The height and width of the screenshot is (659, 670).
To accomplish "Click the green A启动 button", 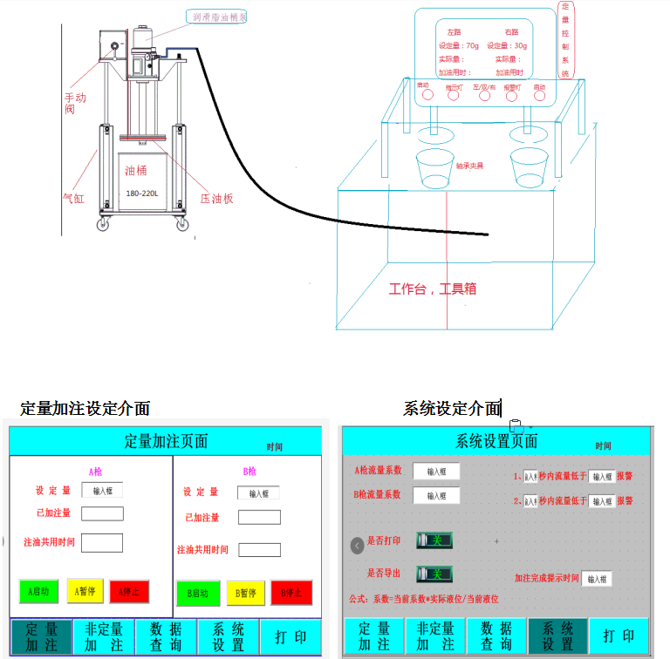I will (38, 592).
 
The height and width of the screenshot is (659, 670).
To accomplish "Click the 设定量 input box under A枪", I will (102, 491).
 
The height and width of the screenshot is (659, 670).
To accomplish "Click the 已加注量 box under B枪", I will (259, 518).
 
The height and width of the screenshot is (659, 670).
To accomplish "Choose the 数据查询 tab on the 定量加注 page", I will (166, 637).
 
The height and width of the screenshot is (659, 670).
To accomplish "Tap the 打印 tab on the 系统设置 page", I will (619, 637).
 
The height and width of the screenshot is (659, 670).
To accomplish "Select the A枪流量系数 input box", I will (435, 471).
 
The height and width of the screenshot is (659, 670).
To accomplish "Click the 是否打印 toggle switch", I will (434, 540).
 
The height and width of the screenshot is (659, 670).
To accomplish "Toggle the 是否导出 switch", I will (434, 574).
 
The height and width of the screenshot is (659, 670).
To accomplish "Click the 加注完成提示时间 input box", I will (596, 578).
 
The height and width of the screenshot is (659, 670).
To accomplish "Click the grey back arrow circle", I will (357, 546).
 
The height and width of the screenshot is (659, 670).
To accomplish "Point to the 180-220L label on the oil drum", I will (142, 194).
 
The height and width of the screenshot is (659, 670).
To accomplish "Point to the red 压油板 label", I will (216, 198).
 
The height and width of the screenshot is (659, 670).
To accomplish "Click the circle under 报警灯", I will (512, 96).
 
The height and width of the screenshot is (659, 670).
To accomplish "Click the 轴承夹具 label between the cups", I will (469, 165).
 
